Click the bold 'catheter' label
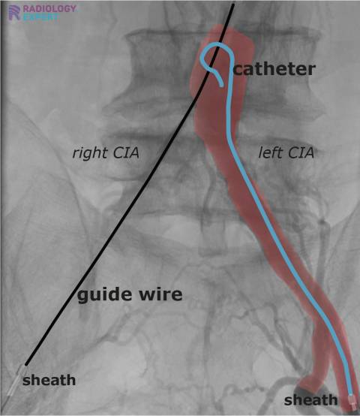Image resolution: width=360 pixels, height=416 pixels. coord(274,69)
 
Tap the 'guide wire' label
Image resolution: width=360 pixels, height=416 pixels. coord(130,295)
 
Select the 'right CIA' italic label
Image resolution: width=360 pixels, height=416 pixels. coord(106,153)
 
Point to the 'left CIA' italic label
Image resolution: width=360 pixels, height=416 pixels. coord(286,153)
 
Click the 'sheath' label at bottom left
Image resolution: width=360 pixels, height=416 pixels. coord(49,380)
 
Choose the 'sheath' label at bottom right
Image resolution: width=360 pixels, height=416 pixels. coord(311,399)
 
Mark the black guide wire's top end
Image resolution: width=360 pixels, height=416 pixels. coord(233,5)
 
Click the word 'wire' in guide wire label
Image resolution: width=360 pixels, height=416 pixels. coord(163,295)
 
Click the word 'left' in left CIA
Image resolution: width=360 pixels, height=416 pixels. coord(271,153)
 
